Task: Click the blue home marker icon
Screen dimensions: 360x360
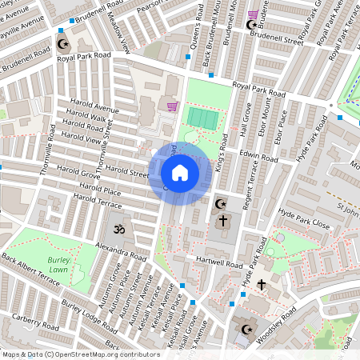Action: [180, 173]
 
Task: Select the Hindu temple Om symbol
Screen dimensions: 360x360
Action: [117, 230]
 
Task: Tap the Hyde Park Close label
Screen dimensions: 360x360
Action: [303, 220]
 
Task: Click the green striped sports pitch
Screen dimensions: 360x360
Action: [202, 118]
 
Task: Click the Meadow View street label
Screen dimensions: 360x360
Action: [120, 37]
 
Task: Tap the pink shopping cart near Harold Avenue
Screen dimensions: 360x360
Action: [171, 106]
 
